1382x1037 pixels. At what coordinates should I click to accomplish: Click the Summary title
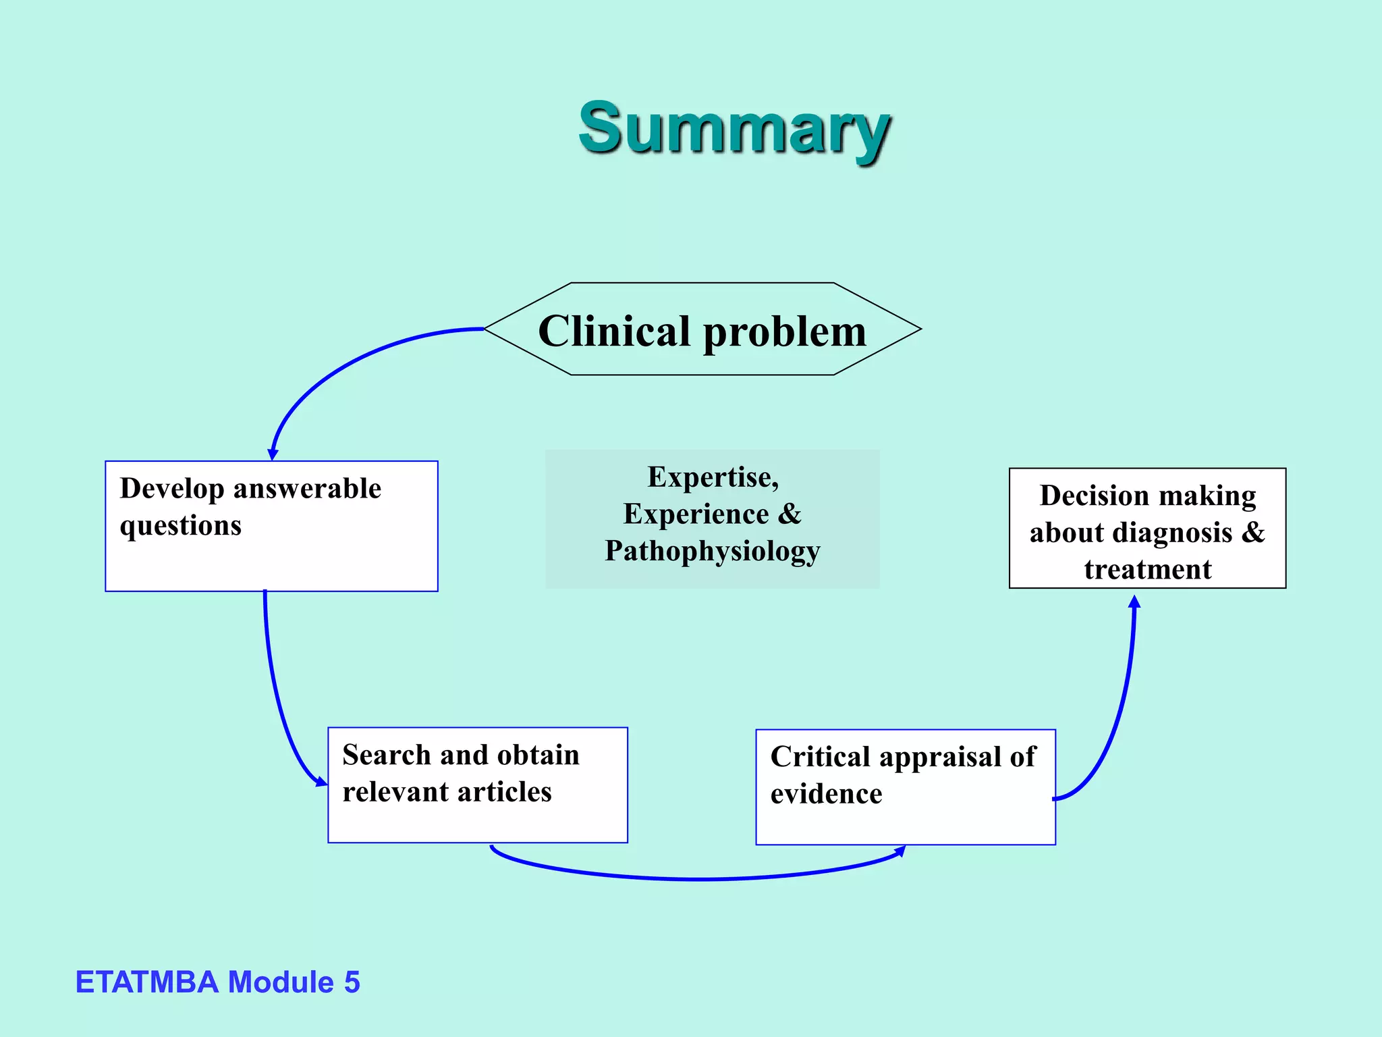(734, 128)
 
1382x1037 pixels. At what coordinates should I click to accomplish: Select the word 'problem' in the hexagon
(785, 332)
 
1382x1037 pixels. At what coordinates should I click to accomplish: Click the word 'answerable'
(307, 489)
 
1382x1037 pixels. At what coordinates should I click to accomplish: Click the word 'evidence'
(826, 794)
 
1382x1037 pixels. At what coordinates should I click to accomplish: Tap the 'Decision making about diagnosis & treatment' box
(1147, 527)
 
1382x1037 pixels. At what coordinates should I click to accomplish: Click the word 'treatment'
(1147, 569)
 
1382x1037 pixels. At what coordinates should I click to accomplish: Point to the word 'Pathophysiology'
(712, 551)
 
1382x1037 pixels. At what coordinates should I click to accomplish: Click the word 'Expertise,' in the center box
(713, 477)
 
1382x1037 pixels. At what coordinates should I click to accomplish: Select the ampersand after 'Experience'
(789, 514)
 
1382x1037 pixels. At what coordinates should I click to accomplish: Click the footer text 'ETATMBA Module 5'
(217, 982)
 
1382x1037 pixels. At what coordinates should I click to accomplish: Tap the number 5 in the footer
(352, 982)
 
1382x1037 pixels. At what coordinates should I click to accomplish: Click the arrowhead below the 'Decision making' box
(1134, 602)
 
